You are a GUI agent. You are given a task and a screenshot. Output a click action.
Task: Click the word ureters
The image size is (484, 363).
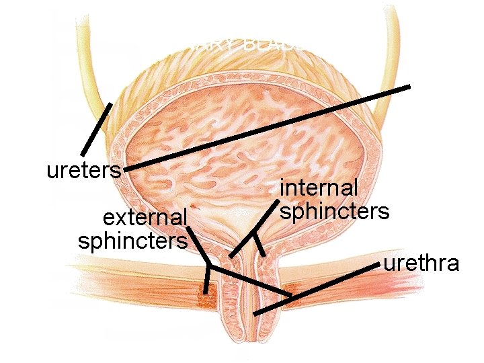click(83, 170)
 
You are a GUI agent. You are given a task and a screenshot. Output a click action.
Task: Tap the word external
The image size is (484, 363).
click(144, 218)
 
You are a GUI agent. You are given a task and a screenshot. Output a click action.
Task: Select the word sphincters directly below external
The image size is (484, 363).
click(132, 240)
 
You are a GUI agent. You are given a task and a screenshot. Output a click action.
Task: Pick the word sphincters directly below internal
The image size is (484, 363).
click(335, 211)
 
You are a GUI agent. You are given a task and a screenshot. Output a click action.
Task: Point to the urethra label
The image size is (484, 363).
click(421, 262)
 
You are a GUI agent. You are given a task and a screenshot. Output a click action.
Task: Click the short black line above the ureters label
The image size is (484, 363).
click(96, 129)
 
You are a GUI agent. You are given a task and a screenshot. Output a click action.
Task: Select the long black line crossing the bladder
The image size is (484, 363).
click(269, 128)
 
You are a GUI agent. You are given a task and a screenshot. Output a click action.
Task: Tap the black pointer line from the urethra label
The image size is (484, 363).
click(316, 289)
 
